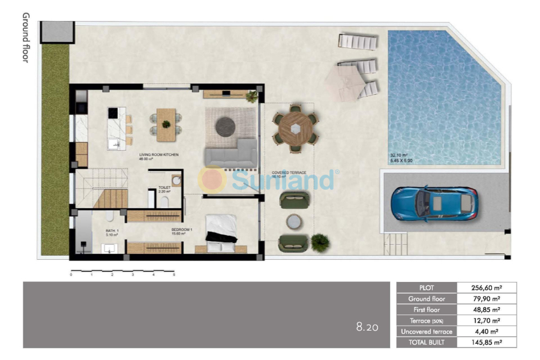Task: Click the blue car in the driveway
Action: (x=434, y=202)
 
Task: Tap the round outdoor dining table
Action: (x=295, y=128)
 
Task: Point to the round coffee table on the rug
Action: (x=225, y=125)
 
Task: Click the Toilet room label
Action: (x=164, y=188)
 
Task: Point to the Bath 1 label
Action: (x=113, y=231)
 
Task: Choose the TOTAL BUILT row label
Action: (x=427, y=342)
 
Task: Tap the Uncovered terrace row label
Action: (x=427, y=331)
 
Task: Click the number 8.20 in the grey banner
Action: (x=367, y=328)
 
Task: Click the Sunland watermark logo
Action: (x=270, y=179)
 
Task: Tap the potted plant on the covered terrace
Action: (x=320, y=241)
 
